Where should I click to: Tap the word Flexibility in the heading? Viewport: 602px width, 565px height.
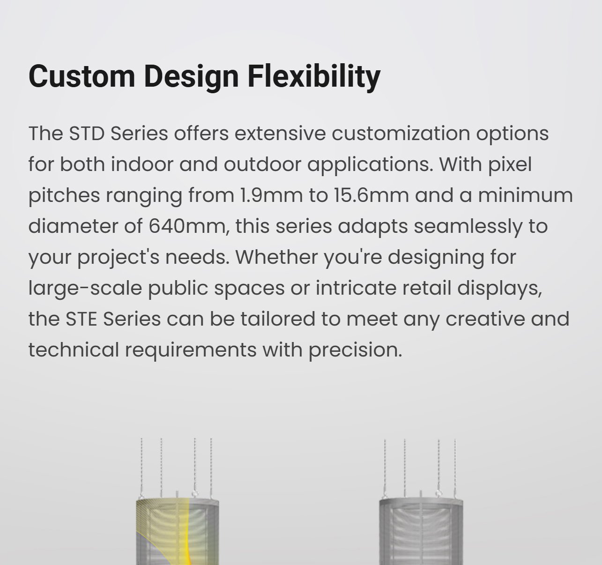(x=314, y=77)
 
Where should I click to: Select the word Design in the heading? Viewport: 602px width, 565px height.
(x=191, y=77)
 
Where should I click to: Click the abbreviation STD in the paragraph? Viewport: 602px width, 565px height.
(x=87, y=134)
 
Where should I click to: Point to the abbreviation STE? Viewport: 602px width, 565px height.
(x=81, y=319)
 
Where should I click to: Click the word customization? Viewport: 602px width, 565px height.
(x=401, y=134)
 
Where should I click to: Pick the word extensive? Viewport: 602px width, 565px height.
(x=280, y=134)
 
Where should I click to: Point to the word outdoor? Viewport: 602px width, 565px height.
(x=262, y=164)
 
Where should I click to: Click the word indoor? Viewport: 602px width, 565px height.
(x=142, y=164)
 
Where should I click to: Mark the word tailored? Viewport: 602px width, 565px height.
(x=278, y=319)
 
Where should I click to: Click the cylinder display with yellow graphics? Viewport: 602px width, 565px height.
(x=178, y=531)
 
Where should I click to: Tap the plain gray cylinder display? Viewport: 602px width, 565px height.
(x=421, y=531)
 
